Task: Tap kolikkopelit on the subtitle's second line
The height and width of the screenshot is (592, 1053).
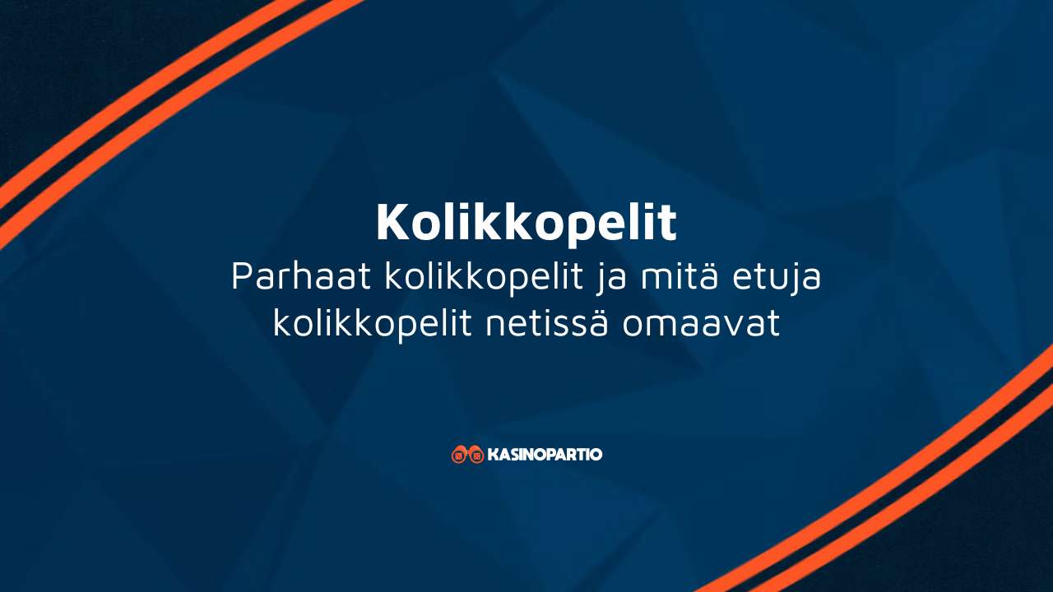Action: click(x=372, y=325)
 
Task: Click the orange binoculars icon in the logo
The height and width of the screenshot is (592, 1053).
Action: click(x=467, y=454)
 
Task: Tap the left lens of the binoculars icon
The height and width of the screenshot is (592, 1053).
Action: click(x=459, y=456)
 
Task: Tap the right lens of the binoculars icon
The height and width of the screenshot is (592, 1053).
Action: click(x=475, y=456)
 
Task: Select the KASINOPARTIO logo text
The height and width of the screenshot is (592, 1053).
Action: click(x=545, y=454)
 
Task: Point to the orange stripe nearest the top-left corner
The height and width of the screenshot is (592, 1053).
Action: click(x=123, y=82)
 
